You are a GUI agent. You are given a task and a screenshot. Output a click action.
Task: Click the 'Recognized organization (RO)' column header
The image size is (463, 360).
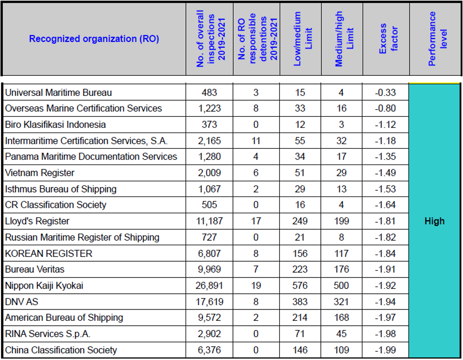coord(94,39)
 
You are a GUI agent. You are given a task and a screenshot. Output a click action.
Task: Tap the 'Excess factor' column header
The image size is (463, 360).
coord(388,39)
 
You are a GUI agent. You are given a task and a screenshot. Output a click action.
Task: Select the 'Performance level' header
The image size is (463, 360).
coord(438,39)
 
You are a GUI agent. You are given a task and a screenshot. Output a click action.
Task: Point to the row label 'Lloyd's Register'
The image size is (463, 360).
coord(37,221)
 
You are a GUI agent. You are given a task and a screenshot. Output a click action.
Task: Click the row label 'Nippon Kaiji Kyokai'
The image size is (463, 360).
coord(44,286)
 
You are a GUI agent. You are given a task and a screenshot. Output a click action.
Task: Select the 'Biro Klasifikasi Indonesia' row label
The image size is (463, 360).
coord(55,124)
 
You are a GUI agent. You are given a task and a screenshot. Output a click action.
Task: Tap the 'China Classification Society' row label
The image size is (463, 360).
coord(61,350)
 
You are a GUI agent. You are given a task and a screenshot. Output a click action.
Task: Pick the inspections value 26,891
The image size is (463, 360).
coord(210,286)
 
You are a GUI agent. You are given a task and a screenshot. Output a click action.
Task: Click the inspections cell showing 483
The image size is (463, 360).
coord(210,93)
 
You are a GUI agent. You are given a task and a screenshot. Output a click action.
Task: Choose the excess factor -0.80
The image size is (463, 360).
coord(385,108)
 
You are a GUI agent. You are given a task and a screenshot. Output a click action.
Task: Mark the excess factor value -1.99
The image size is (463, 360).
coord(385,350)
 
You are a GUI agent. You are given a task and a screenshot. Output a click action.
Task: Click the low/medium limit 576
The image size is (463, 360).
coord(300,286)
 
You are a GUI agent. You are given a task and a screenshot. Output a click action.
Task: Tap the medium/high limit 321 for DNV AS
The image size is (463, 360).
coord(341,302)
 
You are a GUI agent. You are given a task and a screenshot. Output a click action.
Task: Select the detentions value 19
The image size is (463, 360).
coord(256,286)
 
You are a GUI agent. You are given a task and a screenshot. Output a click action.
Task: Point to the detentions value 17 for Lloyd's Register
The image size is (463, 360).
coord(256,221)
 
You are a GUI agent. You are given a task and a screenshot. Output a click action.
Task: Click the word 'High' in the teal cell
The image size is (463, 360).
coord(434,221)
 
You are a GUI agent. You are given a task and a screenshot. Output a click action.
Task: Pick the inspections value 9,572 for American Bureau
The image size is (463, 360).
coord(210,318)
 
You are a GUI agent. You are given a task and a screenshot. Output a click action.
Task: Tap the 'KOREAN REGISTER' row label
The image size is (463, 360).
coord(49,254)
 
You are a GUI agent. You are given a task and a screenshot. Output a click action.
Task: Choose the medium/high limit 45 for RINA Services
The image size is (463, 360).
coord(341,334)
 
